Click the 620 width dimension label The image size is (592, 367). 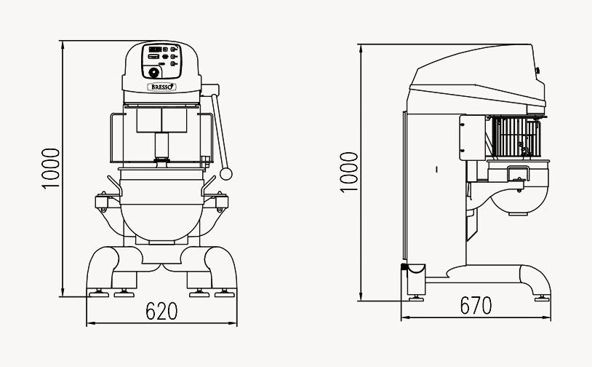coord(161,311)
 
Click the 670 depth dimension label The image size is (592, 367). coord(476,305)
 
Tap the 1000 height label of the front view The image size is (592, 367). coord(51,168)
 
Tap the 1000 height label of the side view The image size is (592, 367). coord(348,173)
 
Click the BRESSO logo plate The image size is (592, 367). coord(161,87)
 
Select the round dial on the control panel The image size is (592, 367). coord(153,72)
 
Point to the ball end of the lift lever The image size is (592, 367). coord(225,174)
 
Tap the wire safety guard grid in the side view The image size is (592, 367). coord(516,136)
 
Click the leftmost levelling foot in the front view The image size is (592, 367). coord(97,293)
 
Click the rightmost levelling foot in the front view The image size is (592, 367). coord(225,293)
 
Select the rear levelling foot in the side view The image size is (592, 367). coord(416,299)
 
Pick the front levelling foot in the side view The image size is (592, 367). coord(542,299)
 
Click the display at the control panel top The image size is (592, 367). coord(155,49)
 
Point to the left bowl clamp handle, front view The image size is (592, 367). coord(114,185)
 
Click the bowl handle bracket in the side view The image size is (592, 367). coord(518,174)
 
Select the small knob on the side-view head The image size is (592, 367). coord(537,70)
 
